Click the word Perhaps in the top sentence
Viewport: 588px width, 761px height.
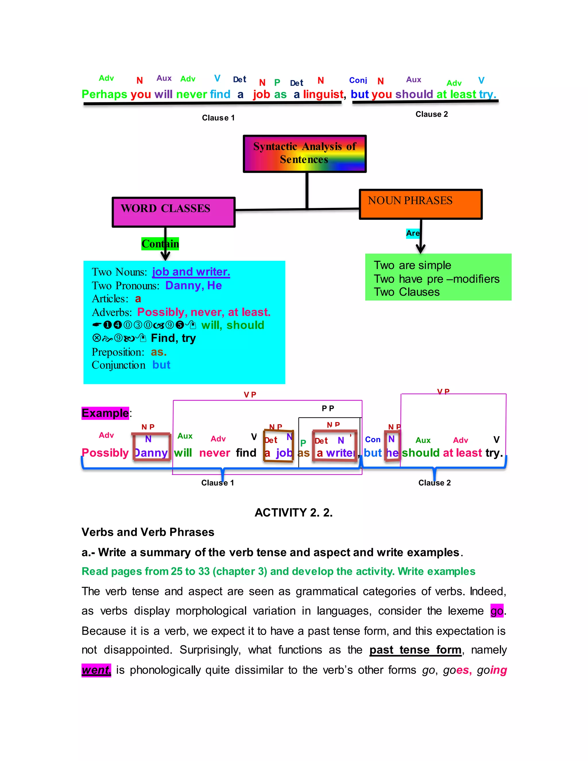(x=104, y=94)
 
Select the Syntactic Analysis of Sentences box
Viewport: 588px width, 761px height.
(x=304, y=154)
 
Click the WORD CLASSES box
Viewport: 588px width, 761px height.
(x=173, y=212)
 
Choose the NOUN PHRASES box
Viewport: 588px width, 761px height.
(x=420, y=204)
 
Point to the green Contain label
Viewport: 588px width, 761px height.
(x=160, y=244)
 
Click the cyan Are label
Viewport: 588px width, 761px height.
(x=413, y=233)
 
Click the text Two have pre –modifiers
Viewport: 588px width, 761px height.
(x=436, y=279)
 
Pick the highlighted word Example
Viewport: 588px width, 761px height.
(x=105, y=413)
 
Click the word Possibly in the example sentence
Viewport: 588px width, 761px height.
(x=105, y=453)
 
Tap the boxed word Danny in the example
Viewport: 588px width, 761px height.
(x=151, y=453)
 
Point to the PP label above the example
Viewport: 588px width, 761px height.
(x=328, y=408)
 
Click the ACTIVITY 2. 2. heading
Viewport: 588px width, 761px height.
(x=294, y=513)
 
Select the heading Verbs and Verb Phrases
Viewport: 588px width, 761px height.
(x=148, y=532)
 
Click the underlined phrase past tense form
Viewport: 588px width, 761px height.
(x=415, y=650)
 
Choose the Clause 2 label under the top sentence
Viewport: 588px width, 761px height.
(x=432, y=114)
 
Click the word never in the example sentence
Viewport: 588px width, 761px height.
(x=214, y=453)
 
